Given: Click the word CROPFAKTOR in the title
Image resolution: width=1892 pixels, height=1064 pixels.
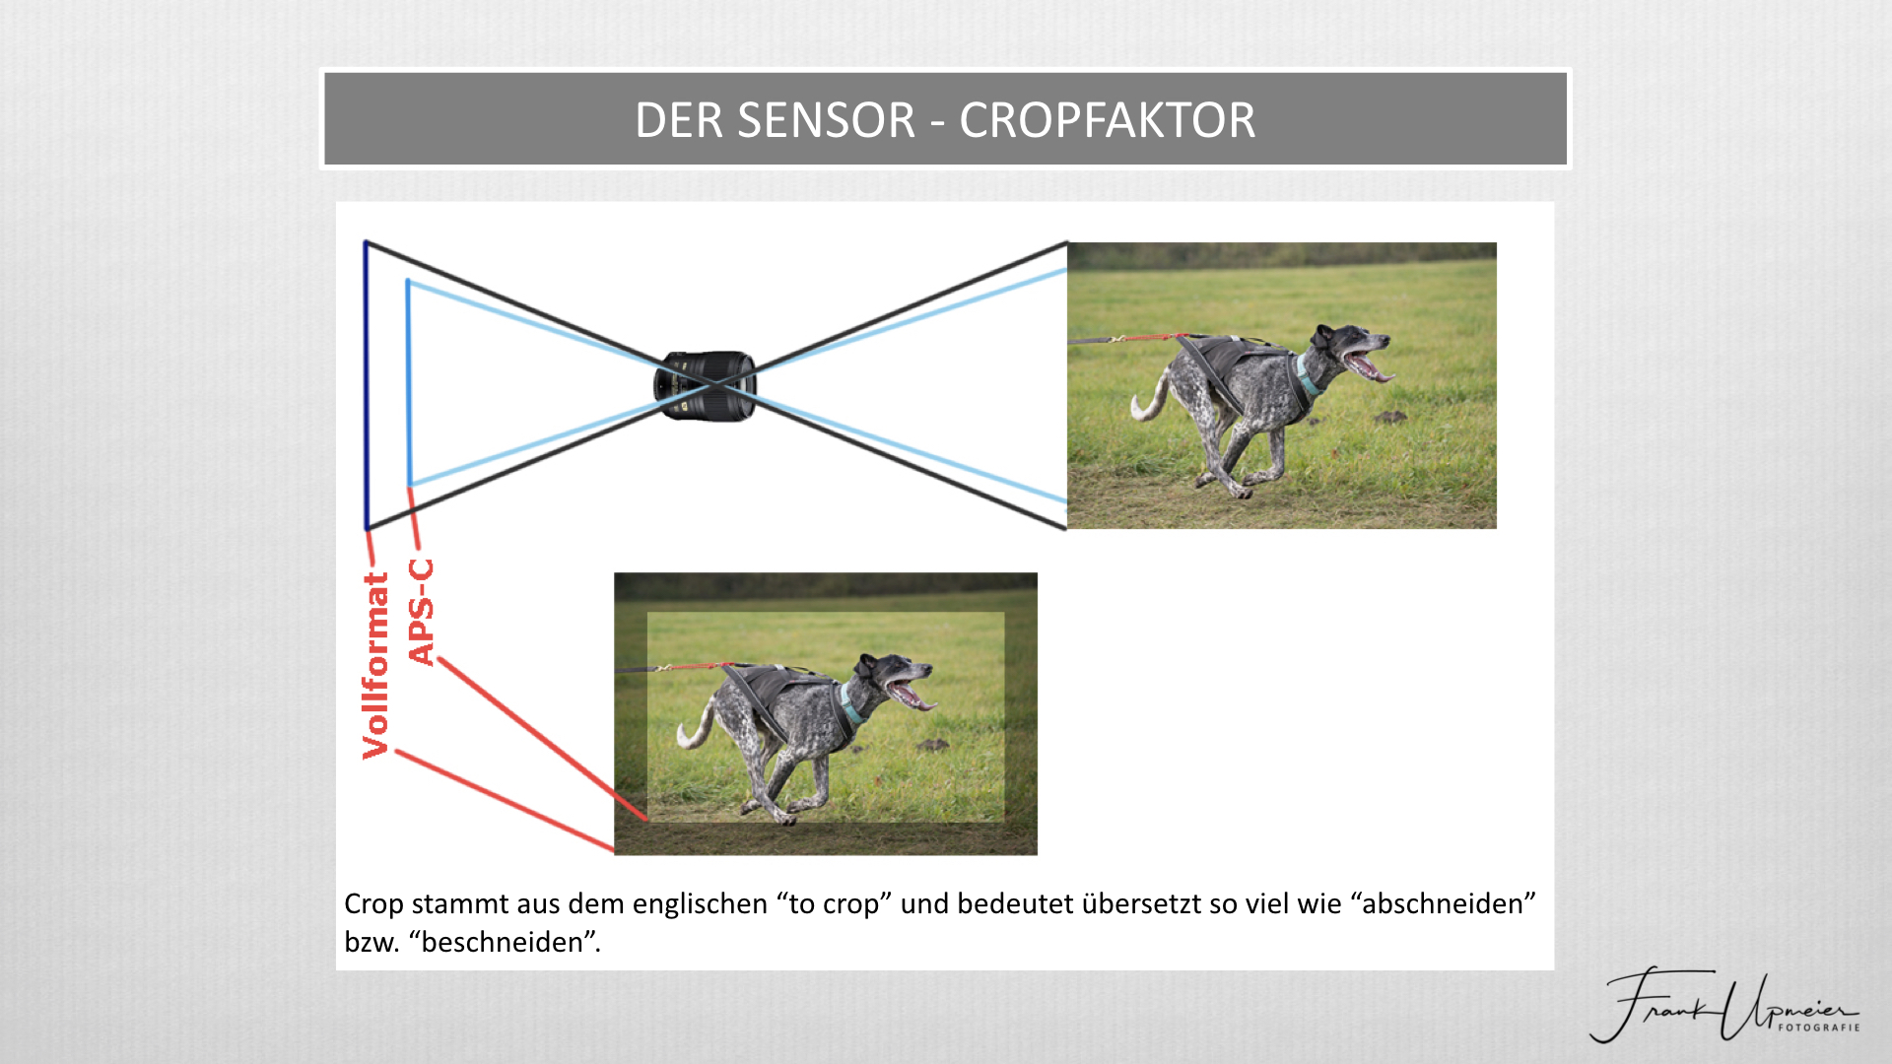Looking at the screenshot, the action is [1108, 120].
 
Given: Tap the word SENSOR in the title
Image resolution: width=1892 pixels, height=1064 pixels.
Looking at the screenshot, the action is [827, 120].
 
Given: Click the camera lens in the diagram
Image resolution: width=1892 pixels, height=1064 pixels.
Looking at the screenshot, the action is [706, 385].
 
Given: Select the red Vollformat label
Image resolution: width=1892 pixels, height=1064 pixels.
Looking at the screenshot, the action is [375, 665].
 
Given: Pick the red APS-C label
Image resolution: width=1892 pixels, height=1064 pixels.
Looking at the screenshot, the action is [421, 612].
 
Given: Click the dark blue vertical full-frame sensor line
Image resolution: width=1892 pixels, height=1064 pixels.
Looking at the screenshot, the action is [367, 385].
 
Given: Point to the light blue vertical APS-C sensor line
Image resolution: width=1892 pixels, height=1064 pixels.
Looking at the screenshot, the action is [408, 383].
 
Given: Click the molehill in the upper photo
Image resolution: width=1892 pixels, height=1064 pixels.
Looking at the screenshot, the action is [1390, 418].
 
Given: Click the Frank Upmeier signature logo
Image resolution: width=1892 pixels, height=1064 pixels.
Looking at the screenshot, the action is [1724, 1005].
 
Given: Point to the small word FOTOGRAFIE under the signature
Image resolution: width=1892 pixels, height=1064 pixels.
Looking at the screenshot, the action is [1819, 1028].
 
